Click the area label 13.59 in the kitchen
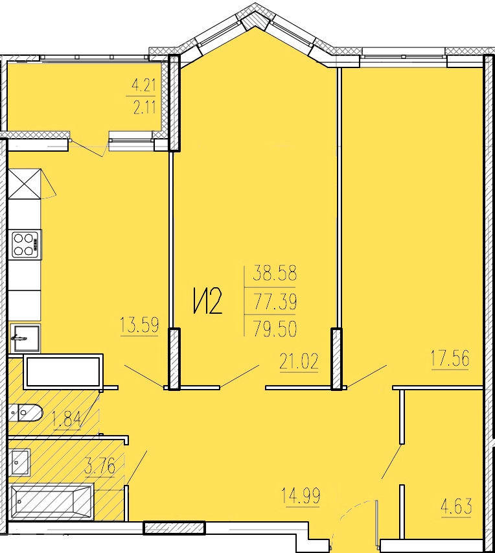point(139,325)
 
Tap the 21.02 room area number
point(299,361)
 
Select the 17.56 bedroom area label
point(450,359)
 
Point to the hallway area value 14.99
point(301,495)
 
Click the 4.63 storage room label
point(457,507)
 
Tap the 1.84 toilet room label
point(67,419)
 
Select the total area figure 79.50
point(275,329)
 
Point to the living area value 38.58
point(275,274)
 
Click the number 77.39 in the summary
point(275,301)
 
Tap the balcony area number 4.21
point(143,86)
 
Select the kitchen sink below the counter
point(25,338)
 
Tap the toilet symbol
point(26,412)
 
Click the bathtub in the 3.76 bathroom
point(51,502)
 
